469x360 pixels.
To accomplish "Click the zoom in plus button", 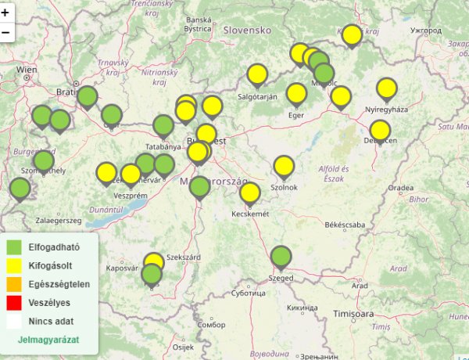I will (5, 13).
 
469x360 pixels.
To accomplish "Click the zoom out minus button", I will (5, 32).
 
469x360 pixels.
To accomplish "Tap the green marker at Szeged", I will (281, 257).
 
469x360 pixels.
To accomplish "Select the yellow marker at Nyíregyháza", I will (387, 89).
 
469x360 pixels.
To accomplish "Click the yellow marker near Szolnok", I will (284, 166).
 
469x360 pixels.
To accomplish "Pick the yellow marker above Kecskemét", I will (250, 193).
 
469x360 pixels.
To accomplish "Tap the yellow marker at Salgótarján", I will (257, 74).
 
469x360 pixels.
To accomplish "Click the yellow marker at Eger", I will (296, 94).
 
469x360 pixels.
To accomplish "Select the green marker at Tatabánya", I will (163, 125).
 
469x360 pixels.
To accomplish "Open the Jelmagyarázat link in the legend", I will (48, 341).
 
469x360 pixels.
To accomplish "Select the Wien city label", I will (27, 70).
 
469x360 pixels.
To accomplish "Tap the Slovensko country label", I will (247, 30).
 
